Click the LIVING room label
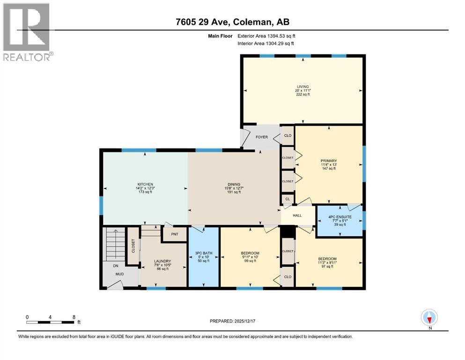coord(303,86)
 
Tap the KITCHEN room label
coord(145,184)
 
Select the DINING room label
coord(234,184)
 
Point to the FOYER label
coord(261,137)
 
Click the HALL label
coord(297,215)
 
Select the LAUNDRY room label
coord(162,261)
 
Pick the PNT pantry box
coord(174,234)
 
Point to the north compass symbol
coord(429,318)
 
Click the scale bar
coord(51,322)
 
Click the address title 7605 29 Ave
coord(232,22)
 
